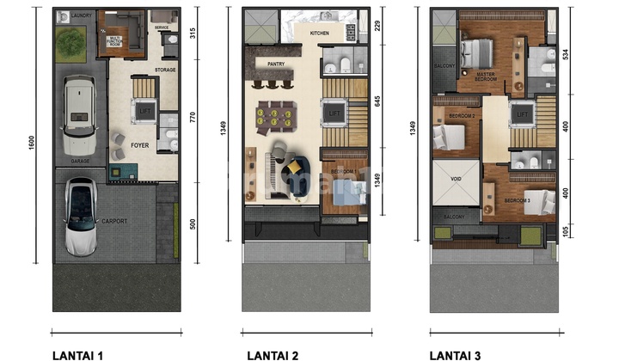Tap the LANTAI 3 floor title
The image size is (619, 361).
pyautogui.click(x=456, y=354)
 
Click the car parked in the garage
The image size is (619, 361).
pyautogui.click(x=78, y=116)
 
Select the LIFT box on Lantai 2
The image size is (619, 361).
pyautogui.click(x=334, y=113)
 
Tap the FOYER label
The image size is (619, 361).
pyautogui.click(x=140, y=145)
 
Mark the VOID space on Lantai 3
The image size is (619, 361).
pyautogui.click(x=456, y=181)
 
